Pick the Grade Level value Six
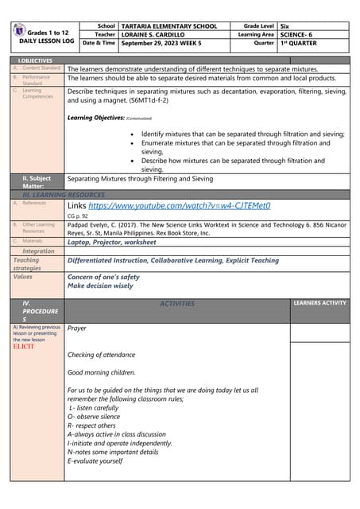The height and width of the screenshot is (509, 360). click(x=287, y=26)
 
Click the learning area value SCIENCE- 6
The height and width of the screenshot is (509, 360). click(x=298, y=35)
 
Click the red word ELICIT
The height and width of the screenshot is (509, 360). click(x=24, y=347)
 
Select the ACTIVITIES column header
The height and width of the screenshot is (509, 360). click(x=176, y=303)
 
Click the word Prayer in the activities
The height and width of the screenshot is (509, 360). click(x=77, y=328)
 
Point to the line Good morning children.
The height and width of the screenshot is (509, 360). click(x=102, y=372)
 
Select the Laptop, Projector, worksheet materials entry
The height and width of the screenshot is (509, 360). click(x=111, y=242)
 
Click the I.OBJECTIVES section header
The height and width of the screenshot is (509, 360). click(x=36, y=60)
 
